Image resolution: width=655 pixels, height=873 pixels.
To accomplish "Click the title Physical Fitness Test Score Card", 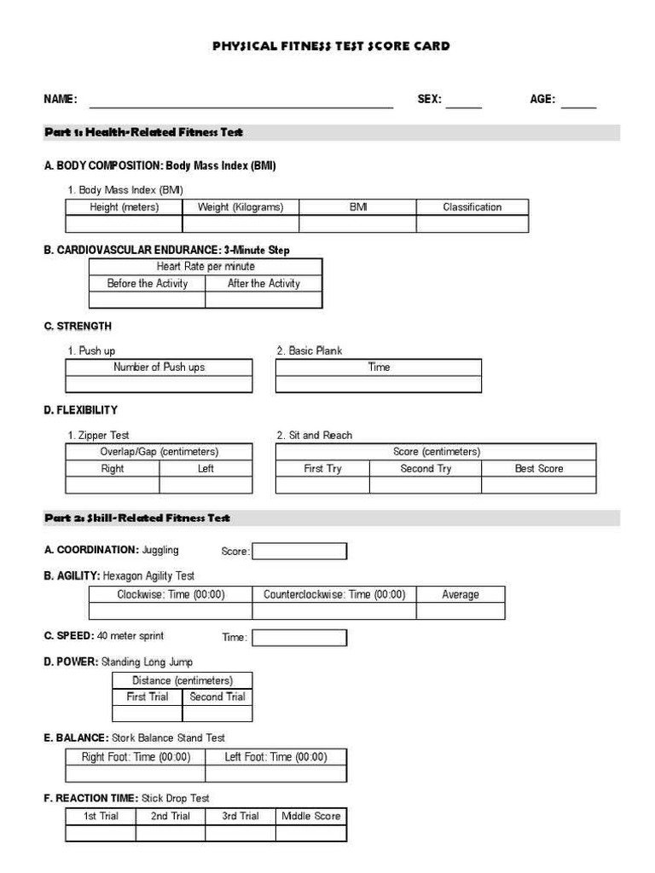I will (331, 46).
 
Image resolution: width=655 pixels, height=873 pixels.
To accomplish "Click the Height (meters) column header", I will (124, 207).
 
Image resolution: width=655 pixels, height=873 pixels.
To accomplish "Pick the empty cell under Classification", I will (472, 224).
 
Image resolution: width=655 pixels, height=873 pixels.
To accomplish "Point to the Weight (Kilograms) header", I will (241, 207).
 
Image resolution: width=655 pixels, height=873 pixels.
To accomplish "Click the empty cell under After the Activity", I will (264, 300).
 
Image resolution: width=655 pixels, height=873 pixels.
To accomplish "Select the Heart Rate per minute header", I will (206, 267).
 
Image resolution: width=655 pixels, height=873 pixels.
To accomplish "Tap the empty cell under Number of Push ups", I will (159, 384).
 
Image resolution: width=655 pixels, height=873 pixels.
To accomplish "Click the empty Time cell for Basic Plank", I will (378, 384).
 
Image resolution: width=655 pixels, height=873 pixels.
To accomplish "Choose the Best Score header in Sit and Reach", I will (538, 469).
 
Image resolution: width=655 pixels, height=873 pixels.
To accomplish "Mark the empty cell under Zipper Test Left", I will (206, 485).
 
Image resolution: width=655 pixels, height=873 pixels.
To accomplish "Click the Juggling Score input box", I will (299, 552).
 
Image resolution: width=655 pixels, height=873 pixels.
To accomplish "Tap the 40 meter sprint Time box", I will (299, 638).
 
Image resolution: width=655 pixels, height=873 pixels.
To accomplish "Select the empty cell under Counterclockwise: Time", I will (333, 611).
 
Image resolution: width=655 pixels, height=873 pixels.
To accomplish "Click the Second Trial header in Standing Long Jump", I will (217, 697).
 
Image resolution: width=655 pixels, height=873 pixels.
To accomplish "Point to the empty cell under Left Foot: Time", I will (275, 773).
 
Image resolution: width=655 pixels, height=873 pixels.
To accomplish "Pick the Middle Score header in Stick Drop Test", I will (310, 817).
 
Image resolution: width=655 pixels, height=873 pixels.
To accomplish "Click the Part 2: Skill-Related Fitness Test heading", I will (137, 518).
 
